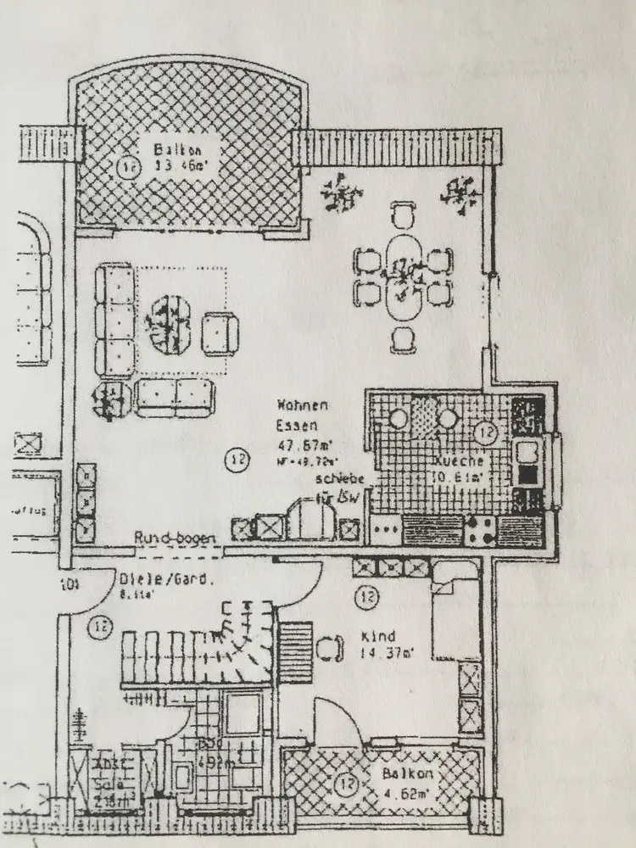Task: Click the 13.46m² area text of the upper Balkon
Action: point(175,166)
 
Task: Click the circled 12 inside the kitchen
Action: point(484,432)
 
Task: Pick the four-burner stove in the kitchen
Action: point(480,530)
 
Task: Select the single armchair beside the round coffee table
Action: point(222,332)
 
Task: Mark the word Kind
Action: point(373,636)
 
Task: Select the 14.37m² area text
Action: point(387,653)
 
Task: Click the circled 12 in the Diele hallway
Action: point(101,628)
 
